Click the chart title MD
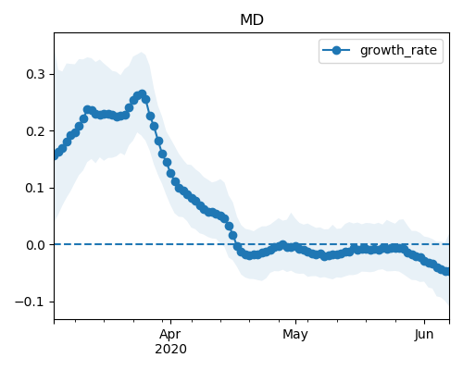[252, 20]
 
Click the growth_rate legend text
[398, 50]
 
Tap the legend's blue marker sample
[336, 50]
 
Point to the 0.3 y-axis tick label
[35, 74]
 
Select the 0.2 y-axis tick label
[35, 131]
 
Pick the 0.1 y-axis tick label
[35, 188]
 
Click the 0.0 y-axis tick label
[35, 245]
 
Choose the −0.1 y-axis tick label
[31, 302]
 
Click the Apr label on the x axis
[170, 334]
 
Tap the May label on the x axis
[295, 335]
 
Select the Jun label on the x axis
[424, 334]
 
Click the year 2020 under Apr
[170, 350]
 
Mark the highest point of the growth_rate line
[142, 93]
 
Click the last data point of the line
[446, 271]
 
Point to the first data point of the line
[55, 155]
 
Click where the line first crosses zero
[236, 244]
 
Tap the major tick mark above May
[295, 322]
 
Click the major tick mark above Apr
[170, 322]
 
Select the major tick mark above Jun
[424, 322]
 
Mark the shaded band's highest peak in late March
[142, 52]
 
